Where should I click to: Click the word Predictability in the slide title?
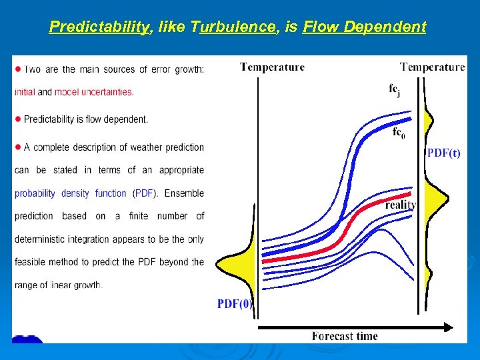pyautogui.click(x=98, y=27)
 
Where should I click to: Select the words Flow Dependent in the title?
pyautogui.click(x=364, y=27)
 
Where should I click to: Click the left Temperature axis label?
pyautogui.click(x=272, y=67)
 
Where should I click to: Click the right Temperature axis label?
pyautogui.click(x=432, y=67)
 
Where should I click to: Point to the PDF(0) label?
pyautogui.click(x=235, y=304)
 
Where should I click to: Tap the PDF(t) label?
pyautogui.click(x=443, y=153)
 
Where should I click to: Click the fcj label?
pyautogui.click(x=394, y=89)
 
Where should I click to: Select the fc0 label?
pyautogui.click(x=397, y=133)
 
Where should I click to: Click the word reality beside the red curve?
pyautogui.click(x=400, y=205)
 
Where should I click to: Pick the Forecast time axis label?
pyautogui.click(x=345, y=335)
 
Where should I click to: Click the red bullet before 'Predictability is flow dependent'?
pyautogui.click(x=18, y=119)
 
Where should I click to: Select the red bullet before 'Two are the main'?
pyautogui.click(x=18, y=69)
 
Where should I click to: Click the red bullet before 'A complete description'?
pyautogui.click(x=18, y=147)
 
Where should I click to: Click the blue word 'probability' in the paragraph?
pyautogui.click(x=35, y=193)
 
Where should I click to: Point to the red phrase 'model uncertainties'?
pyautogui.click(x=93, y=92)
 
